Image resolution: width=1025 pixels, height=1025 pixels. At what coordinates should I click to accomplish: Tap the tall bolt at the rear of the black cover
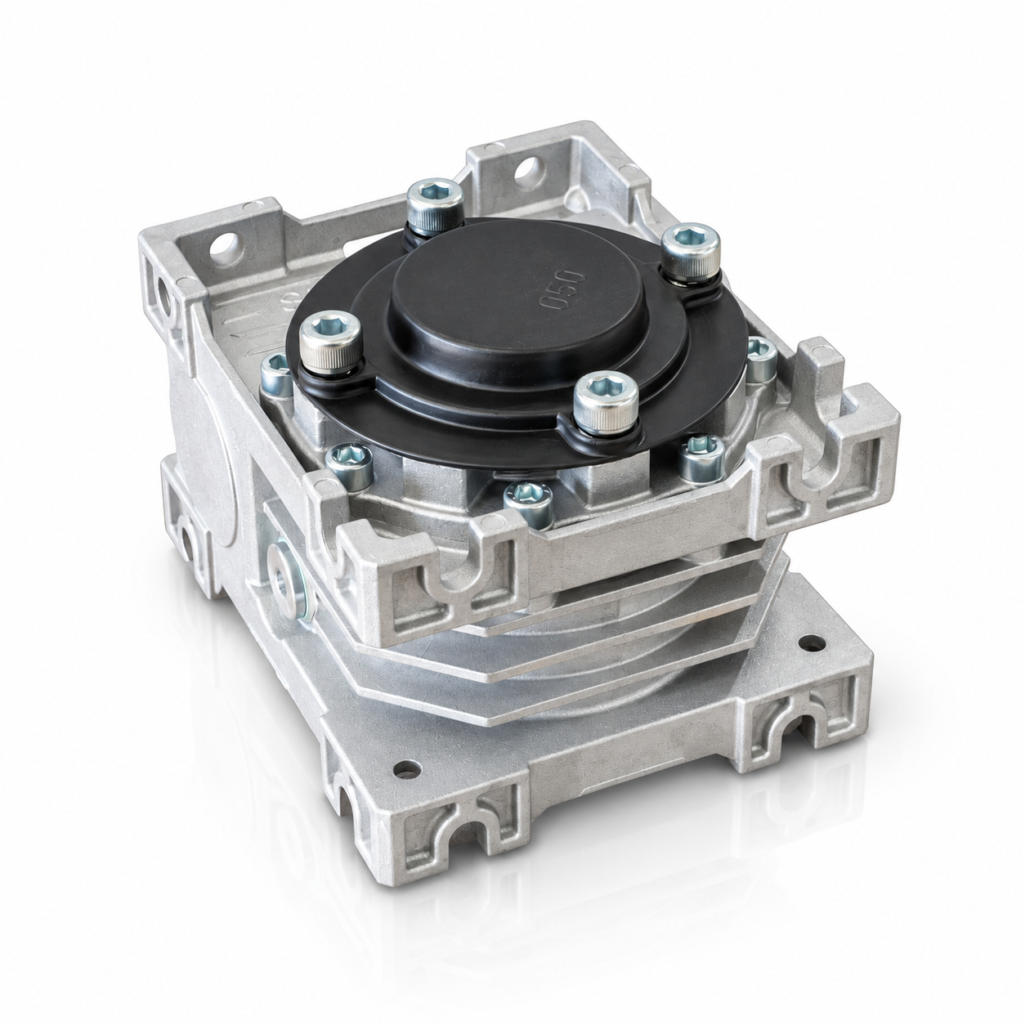pos(435,205)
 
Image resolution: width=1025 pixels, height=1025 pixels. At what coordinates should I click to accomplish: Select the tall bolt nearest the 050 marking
pos(691,252)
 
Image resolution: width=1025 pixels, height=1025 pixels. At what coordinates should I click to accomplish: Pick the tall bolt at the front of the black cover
pos(606,402)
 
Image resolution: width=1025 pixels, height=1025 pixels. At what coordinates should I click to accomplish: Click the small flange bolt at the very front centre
pos(528,503)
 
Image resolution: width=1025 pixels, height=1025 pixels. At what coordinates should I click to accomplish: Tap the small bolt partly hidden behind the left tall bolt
pos(277,374)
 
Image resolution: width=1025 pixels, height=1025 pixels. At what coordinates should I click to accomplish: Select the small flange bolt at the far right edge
pos(761,359)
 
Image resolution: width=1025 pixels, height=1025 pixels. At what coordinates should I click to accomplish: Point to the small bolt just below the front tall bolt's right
pos(701,458)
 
